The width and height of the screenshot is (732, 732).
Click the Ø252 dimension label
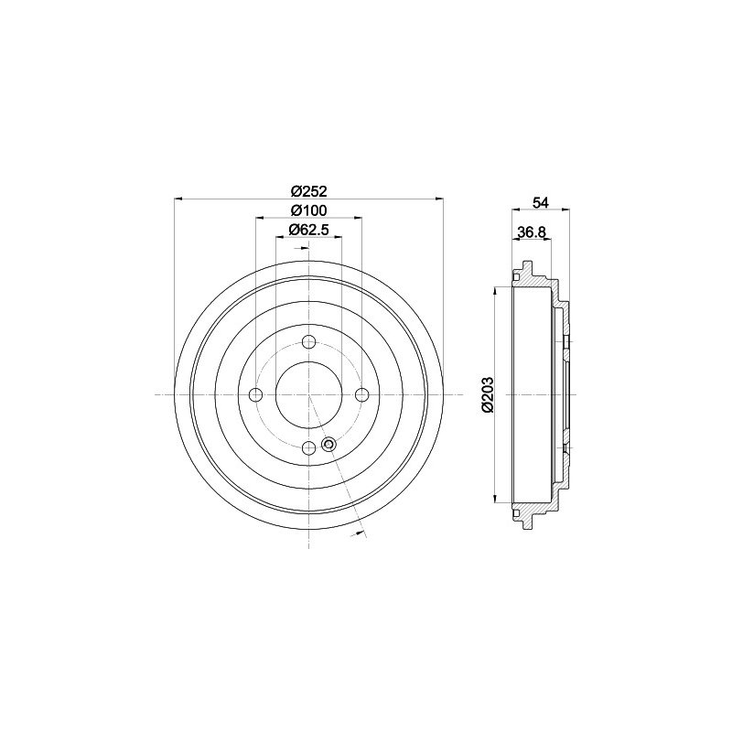point(308,191)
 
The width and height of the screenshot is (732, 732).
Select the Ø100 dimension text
point(308,210)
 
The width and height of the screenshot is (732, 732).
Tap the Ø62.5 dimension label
point(308,230)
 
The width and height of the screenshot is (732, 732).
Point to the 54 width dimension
point(541,202)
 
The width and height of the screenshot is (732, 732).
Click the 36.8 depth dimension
point(532,232)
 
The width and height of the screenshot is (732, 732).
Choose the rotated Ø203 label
point(488,395)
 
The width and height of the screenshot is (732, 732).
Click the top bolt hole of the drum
point(308,342)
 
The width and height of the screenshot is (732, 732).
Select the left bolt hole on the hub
point(256,395)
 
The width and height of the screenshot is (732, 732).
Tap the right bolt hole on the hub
point(361,395)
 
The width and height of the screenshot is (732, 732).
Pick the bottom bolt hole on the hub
point(308,448)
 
